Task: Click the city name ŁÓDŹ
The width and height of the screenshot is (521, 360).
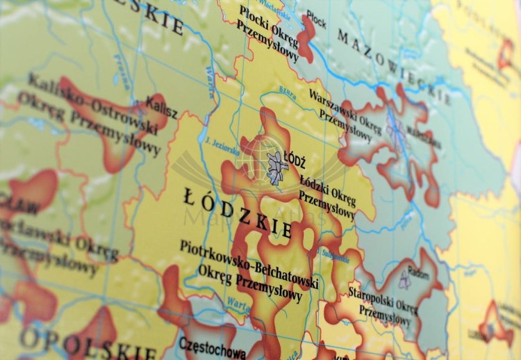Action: (x=295, y=163)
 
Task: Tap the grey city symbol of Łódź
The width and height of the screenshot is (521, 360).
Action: (x=277, y=167)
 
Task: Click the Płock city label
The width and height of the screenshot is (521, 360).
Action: (x=316, y=20)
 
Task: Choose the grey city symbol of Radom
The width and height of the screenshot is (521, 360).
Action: (x=405, y=281)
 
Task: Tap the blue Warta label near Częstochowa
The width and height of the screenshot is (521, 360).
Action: (x=235, y=302)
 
